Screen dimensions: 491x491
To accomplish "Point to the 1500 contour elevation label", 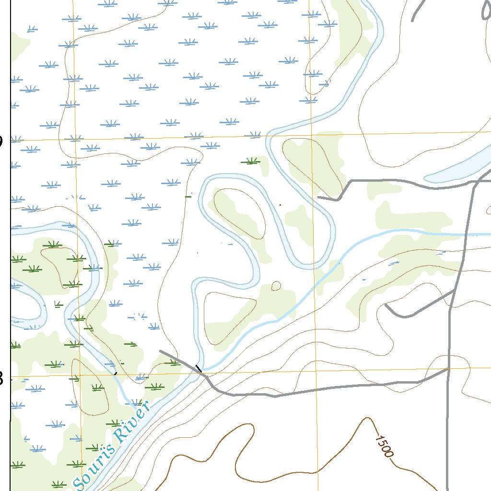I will [x=385, y=446].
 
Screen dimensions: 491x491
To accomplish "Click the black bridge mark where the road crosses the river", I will [x=198, y=368].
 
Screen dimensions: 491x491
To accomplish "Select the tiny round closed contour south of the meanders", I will [x=276, y=286].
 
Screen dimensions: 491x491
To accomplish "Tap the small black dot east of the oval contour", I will [x=281, y=205].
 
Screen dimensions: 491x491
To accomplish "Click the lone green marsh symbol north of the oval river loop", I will [x=252, y=162].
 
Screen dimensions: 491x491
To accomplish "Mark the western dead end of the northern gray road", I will [x=318, y=197].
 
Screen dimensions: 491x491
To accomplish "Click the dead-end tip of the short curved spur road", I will [x=386, y=304].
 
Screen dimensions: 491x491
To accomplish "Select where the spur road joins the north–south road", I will [x=454, y=291].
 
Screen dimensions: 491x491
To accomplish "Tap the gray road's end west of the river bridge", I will [x=160, y=351].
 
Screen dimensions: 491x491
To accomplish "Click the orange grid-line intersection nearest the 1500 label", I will [x=317, y=372].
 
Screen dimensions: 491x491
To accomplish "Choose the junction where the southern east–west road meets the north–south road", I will [x=449, y=369].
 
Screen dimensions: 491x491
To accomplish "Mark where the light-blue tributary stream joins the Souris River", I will [x=204, y=370].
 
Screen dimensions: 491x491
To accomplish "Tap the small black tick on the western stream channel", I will [x=115, y=372].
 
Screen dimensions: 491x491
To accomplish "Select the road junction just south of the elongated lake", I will [x=475, y=182].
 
